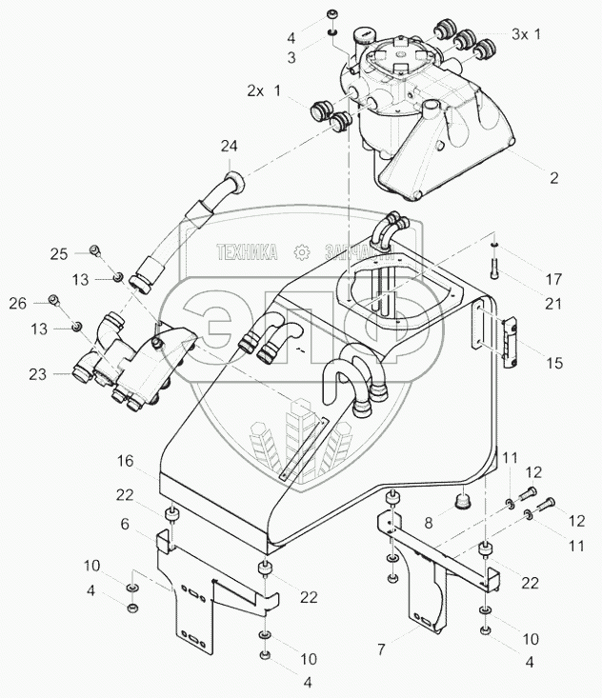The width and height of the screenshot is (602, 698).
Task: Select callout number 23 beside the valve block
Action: click(x=38, y=375)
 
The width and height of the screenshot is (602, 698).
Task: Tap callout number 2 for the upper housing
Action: click(x=552, y=177)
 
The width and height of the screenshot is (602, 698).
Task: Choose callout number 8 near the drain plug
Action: click(x=428, y=523)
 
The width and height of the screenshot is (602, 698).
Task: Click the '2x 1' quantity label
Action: click(x=262, y=91)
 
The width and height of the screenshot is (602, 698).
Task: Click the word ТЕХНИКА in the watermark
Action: click(x=246, y=252)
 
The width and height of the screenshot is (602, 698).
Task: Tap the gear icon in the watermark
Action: click(x=303, y=252)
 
